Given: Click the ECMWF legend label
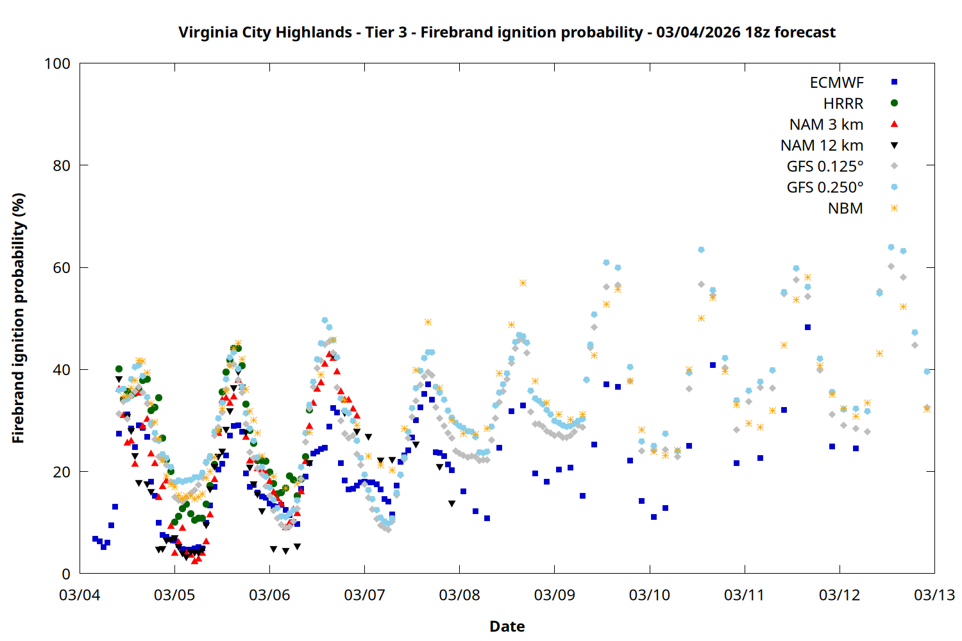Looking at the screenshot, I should click(x=836, y=83).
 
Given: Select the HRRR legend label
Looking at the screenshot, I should click(x=843, y=104).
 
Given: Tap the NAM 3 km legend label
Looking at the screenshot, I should click(x=826, y=124).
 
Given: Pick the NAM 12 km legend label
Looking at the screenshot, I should click(x=822, y=146).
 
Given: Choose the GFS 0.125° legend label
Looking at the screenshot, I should click(x=825, y=167).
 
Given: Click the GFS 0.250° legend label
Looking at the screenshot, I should click(x=825, y=187).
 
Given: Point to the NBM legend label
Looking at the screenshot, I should click(x=845, y=208).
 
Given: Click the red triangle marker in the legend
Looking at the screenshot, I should click(x=894, y=124).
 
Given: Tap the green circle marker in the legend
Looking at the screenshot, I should click(x=894, y=103).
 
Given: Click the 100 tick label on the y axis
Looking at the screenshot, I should click(x=57, y=63).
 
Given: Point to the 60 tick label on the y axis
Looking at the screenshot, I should click(x=62, y=268).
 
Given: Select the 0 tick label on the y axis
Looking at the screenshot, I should click(x=66, y=574).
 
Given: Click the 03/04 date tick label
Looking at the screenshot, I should click(x=80, y=595).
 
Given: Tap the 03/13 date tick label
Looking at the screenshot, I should click(x=934, y=595).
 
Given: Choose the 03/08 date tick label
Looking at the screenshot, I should click(x=459, y=595).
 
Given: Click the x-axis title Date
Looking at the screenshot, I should click(x=507, y=626).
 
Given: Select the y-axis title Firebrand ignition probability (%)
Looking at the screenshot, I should click(x=18, y=319).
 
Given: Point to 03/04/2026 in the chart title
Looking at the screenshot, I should click(x=698, y=33).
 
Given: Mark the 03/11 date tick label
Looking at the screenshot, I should click(x=744, y=595).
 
